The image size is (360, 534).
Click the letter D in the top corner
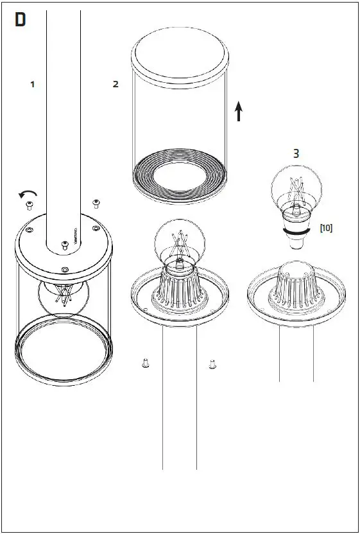[x=21, y=21]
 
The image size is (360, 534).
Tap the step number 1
[x=32, y=84]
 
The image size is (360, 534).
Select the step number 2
[x=116, y=84]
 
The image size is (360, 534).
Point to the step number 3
[x=296, y=154]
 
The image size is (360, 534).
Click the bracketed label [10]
[x=326, y=228]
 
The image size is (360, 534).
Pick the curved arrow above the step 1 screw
[x=29, y=193]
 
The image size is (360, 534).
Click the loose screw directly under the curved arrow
[x=29, y=205]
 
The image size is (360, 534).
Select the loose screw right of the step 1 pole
[x=96, y=204]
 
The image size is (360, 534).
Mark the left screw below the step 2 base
[x=145, y=364]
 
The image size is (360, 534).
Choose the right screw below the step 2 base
[x=212, y=365]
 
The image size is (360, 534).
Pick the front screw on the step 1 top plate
[x=64, y=268]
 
